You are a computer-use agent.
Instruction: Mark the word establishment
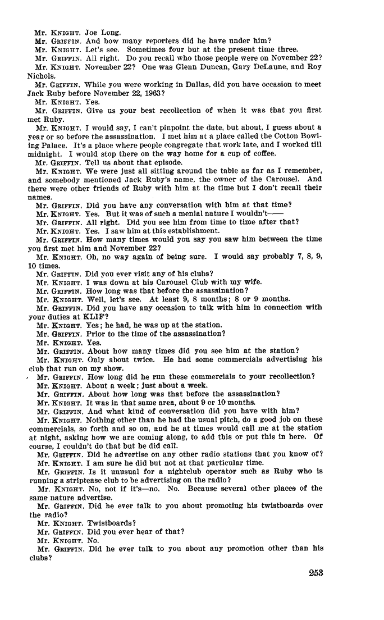[x=193, y=230]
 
